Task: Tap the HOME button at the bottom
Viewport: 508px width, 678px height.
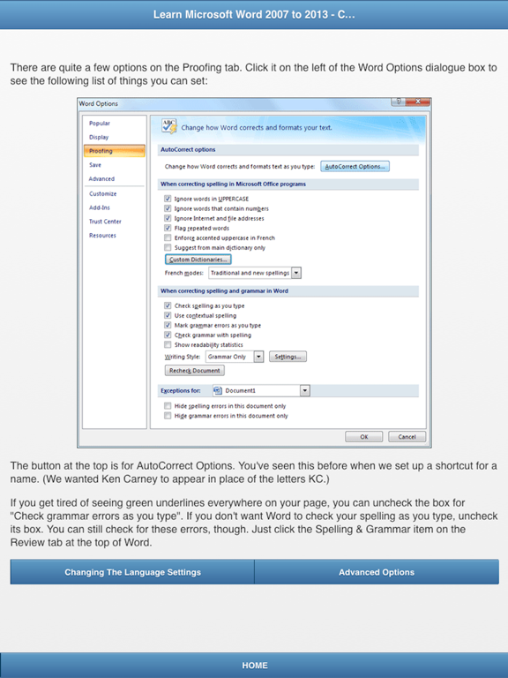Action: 254,666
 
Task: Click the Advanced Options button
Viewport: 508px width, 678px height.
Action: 377,572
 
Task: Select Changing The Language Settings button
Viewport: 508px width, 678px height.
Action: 132,572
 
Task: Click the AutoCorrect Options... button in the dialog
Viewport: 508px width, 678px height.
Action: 355,166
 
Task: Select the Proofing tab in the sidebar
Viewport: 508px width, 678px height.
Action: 101,151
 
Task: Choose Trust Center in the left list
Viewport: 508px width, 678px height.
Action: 105,222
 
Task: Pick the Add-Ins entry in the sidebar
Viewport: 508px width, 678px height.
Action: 99,207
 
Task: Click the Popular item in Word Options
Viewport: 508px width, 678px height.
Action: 100,124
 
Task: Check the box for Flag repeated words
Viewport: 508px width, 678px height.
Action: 168,228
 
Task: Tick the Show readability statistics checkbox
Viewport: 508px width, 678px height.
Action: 168,345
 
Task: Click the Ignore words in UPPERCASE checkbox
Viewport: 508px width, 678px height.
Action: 168,199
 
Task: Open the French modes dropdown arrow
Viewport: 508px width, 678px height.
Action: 296,274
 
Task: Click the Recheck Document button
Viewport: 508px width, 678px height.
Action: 195,371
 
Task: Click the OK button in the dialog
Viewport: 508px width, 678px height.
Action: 363,436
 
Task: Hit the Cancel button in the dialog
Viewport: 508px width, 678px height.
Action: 407,436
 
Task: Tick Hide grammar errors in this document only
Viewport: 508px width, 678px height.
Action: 168,416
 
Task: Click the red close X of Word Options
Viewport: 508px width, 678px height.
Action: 420,103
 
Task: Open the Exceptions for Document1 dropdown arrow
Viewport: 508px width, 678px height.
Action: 304,390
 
